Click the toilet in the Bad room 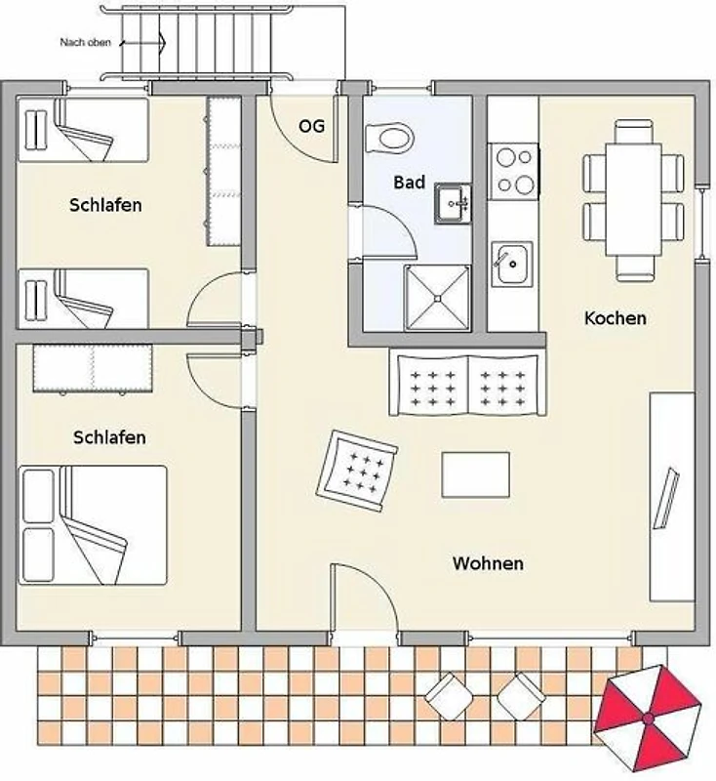(x=389, y=138)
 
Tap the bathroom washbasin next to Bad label (x=453, y=203)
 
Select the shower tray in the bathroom (x=437, y=298)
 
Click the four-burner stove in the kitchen (x=513, y=172)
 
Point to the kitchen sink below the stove (x=512, y=264)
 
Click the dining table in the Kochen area (x=633, y=199)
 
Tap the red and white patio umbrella (x=648, y=719)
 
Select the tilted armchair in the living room (x=357, y=472)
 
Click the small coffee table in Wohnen (x=476, y=474)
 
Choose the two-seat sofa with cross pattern (x=467, y=385)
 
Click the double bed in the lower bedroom (x=93, y=525)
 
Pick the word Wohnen (x=488, y=563)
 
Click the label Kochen (x=616, y=318)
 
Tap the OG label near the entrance (x=311, y=126)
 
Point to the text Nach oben (x=85, y=42)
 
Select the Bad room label (x=409, y=183)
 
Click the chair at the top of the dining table (x=633, y=132)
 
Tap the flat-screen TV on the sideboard (x=666, y=498)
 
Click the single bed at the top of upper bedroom (x=83, y=130)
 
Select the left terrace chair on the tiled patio (x=449, y=696)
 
